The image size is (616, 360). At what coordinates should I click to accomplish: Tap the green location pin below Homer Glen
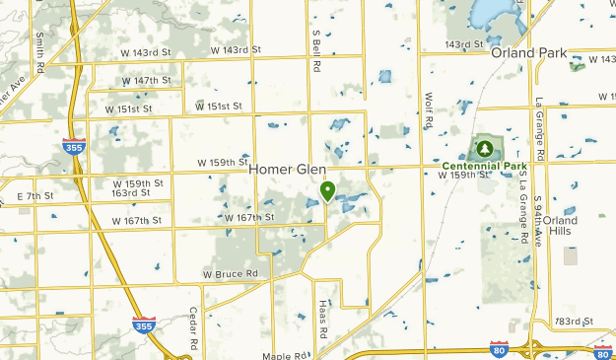click(x=327, y=189)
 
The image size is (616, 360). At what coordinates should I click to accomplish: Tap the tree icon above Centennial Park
click(x=484, y=149)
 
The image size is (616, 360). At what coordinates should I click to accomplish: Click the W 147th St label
click(x=147, y=81)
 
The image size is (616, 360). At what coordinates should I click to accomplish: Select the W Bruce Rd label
click(x=230, y=273)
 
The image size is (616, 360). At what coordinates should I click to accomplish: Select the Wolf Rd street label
click(x=429, y=111)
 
